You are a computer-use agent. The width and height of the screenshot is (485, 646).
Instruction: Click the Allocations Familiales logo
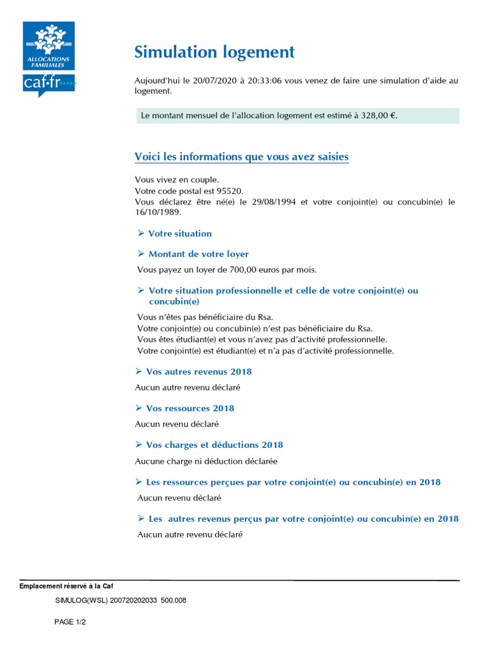(49, 47)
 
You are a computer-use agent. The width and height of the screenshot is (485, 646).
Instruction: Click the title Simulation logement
(215, 52)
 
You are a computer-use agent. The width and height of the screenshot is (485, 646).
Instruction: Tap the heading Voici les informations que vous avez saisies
(242, 156)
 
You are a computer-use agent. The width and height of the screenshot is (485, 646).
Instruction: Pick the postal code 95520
(230, 191)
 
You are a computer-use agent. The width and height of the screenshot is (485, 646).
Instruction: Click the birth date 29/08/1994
(276, 202)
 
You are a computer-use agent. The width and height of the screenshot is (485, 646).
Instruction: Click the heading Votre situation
(180, 233)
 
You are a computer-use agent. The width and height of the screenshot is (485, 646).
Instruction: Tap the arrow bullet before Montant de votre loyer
(141, 254)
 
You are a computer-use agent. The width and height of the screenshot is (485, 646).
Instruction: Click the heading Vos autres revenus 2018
(198, 372)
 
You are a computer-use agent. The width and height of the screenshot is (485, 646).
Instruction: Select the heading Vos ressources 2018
(189, 408)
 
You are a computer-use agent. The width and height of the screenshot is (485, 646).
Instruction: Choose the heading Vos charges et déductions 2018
(214, 445)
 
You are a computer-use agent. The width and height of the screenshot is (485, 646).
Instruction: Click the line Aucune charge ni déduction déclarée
(206, 461)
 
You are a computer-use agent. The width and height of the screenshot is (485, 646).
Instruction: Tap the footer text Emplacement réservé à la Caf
(66, 585)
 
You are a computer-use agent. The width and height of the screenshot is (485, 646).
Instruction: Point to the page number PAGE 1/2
(70, 622)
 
